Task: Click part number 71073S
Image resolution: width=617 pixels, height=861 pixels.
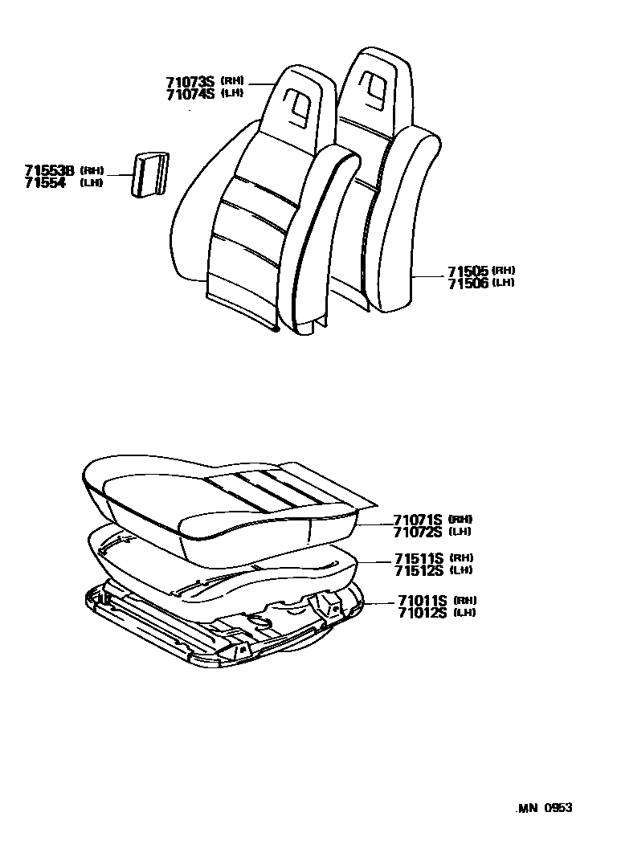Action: tap(190, 82)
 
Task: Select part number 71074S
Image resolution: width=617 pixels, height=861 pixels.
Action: tap(190, 94)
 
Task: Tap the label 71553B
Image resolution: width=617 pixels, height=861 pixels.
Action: tap(49, 171)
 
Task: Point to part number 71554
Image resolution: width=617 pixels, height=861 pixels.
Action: tap(44, 183)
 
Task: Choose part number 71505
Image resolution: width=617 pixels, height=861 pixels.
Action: tap(468, 271)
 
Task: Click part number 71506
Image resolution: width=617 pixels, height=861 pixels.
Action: tap(468, 283)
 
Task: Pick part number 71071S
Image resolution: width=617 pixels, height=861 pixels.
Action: tap(419, 519)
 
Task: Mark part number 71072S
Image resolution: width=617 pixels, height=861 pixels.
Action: tap(419, 531)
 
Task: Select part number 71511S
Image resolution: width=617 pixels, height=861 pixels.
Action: tap(419, 558)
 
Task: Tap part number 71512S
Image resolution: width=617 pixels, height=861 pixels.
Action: tap(419, 570)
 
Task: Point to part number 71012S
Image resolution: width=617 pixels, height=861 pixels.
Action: tap(422, 613)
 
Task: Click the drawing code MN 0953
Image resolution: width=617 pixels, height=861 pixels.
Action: tap(544, 809)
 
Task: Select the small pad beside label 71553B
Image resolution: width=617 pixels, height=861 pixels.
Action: tap(150, 174)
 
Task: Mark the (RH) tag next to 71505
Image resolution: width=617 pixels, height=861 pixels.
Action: tap(504, 271)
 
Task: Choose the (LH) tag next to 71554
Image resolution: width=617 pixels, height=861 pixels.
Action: tap(92, 183)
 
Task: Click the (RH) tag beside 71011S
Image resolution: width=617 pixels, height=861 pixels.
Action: tap(465, 601)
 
